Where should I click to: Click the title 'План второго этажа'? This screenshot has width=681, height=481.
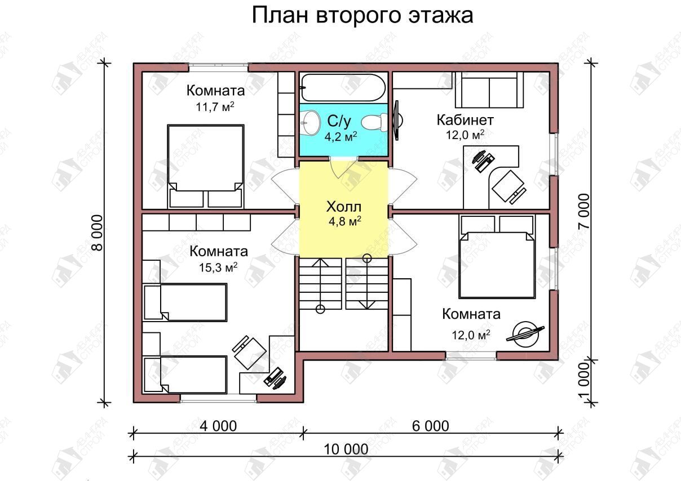tap(362, 16)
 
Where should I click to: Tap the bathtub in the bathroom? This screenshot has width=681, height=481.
tap(343, 87)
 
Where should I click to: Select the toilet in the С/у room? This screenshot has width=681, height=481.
tap(374, 122)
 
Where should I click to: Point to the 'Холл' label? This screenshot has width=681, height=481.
tap(344, 207)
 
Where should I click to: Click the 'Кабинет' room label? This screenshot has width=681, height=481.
tap(465, 120)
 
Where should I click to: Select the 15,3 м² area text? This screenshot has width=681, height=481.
tap(218, 268)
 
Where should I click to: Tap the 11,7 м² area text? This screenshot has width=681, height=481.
tap(215, 107)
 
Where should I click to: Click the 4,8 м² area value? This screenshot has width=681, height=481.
tap(345, 221)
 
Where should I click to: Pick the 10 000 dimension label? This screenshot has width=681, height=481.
tap(346, 449)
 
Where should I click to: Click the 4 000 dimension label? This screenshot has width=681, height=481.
tap(218, 426)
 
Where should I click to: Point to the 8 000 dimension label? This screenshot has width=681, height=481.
tap(98, 233)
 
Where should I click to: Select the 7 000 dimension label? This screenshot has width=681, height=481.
tap(584, 212)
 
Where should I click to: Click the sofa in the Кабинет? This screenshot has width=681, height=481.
tap(489, 90)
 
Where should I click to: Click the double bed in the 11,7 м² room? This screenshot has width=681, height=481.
tap(206, 166)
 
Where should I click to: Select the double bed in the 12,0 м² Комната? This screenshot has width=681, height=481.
tap(497, 257)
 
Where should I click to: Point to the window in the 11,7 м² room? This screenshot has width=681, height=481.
tap(218, 68)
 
